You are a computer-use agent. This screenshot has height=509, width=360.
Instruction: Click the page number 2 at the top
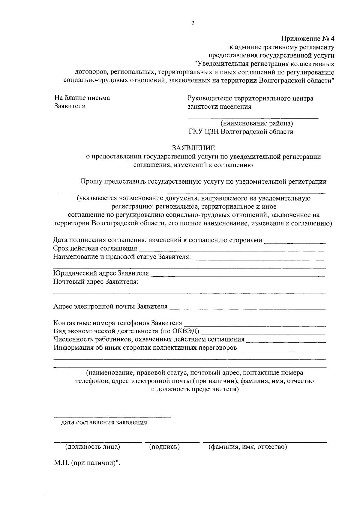tap(193, 23)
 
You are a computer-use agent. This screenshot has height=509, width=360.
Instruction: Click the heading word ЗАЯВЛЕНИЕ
tap(193, 148)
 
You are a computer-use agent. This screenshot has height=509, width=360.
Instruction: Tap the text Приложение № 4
tap(307, 39)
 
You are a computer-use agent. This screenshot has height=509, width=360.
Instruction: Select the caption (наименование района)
tap(257, 123)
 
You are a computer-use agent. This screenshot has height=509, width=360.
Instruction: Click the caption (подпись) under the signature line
tap(164, 447)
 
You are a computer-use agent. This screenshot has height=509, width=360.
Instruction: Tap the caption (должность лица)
tap(93, 447)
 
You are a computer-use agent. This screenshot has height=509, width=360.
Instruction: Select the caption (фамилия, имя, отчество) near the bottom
tap(248, 447)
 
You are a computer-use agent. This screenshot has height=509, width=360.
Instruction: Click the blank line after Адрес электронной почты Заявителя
tap(247, 309)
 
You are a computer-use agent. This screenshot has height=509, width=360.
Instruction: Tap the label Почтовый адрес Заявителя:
tap(96, 282)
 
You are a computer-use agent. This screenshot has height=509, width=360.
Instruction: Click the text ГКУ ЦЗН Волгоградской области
tap(241, 132)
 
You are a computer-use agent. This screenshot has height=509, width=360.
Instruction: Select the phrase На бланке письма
tap(82, 98)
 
